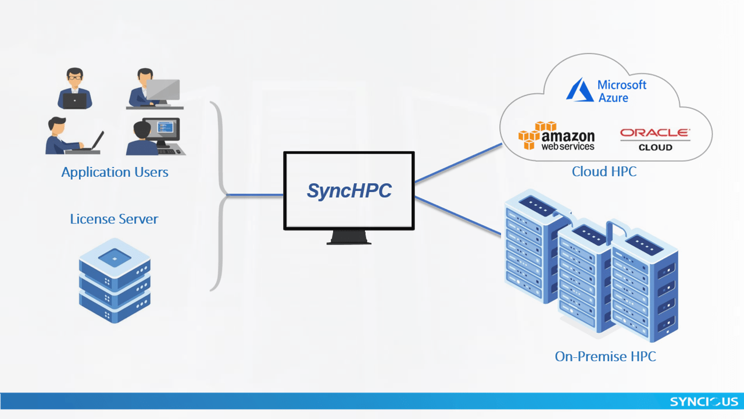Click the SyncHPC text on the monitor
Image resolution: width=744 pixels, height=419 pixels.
click(349, 191)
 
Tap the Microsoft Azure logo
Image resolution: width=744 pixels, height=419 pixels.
click(606, 91)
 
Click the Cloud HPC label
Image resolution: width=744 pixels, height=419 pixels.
click(604, 172)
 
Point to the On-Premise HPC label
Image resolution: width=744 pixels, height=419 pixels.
click(605, 356)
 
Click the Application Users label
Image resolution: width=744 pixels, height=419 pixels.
click(115, 172)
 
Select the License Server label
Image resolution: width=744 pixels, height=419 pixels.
click(114, 219)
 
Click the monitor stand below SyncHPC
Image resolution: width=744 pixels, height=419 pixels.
click(349, 237)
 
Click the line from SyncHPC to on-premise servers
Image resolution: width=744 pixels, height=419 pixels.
click(458, 216)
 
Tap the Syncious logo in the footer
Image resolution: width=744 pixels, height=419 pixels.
click(704, 402)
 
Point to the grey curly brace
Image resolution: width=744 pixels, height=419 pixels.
click(219, 195)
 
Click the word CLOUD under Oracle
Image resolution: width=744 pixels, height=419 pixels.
click(655, 148)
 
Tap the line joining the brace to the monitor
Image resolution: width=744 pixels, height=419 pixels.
click(254, 195)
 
